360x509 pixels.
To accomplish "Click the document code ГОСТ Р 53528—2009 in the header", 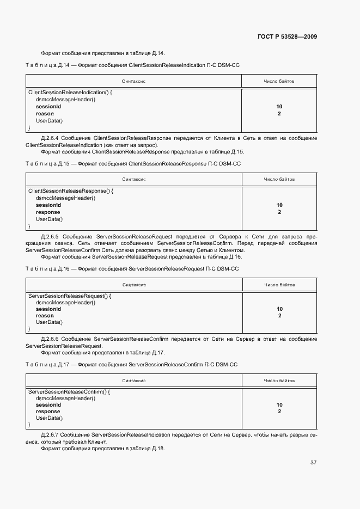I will click(x=287, y=37).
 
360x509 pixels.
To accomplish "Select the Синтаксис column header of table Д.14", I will click(x=134, y=81).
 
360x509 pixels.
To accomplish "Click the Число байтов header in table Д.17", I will click(x=279, y=381).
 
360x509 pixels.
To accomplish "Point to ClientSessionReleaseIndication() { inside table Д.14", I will click(x=70, y=93).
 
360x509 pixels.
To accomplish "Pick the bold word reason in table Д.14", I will click(x=45, y=114).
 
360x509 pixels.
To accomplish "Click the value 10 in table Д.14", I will click(x=279, y=107).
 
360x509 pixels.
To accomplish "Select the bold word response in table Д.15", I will click(x=48, y=212).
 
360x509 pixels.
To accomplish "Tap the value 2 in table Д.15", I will click(x=279, y=212).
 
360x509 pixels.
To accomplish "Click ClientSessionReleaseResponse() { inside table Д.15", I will click(x=70, y=191).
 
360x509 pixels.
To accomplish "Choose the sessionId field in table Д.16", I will click(x=48, y=309).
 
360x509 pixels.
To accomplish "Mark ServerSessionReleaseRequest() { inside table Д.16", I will click(x=70, y=296).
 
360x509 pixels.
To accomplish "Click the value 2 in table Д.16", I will click(x=279, y=316).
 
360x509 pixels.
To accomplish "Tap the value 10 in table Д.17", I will click(x=279, y=405).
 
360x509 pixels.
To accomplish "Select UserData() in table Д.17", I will click(x=49, y=418).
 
